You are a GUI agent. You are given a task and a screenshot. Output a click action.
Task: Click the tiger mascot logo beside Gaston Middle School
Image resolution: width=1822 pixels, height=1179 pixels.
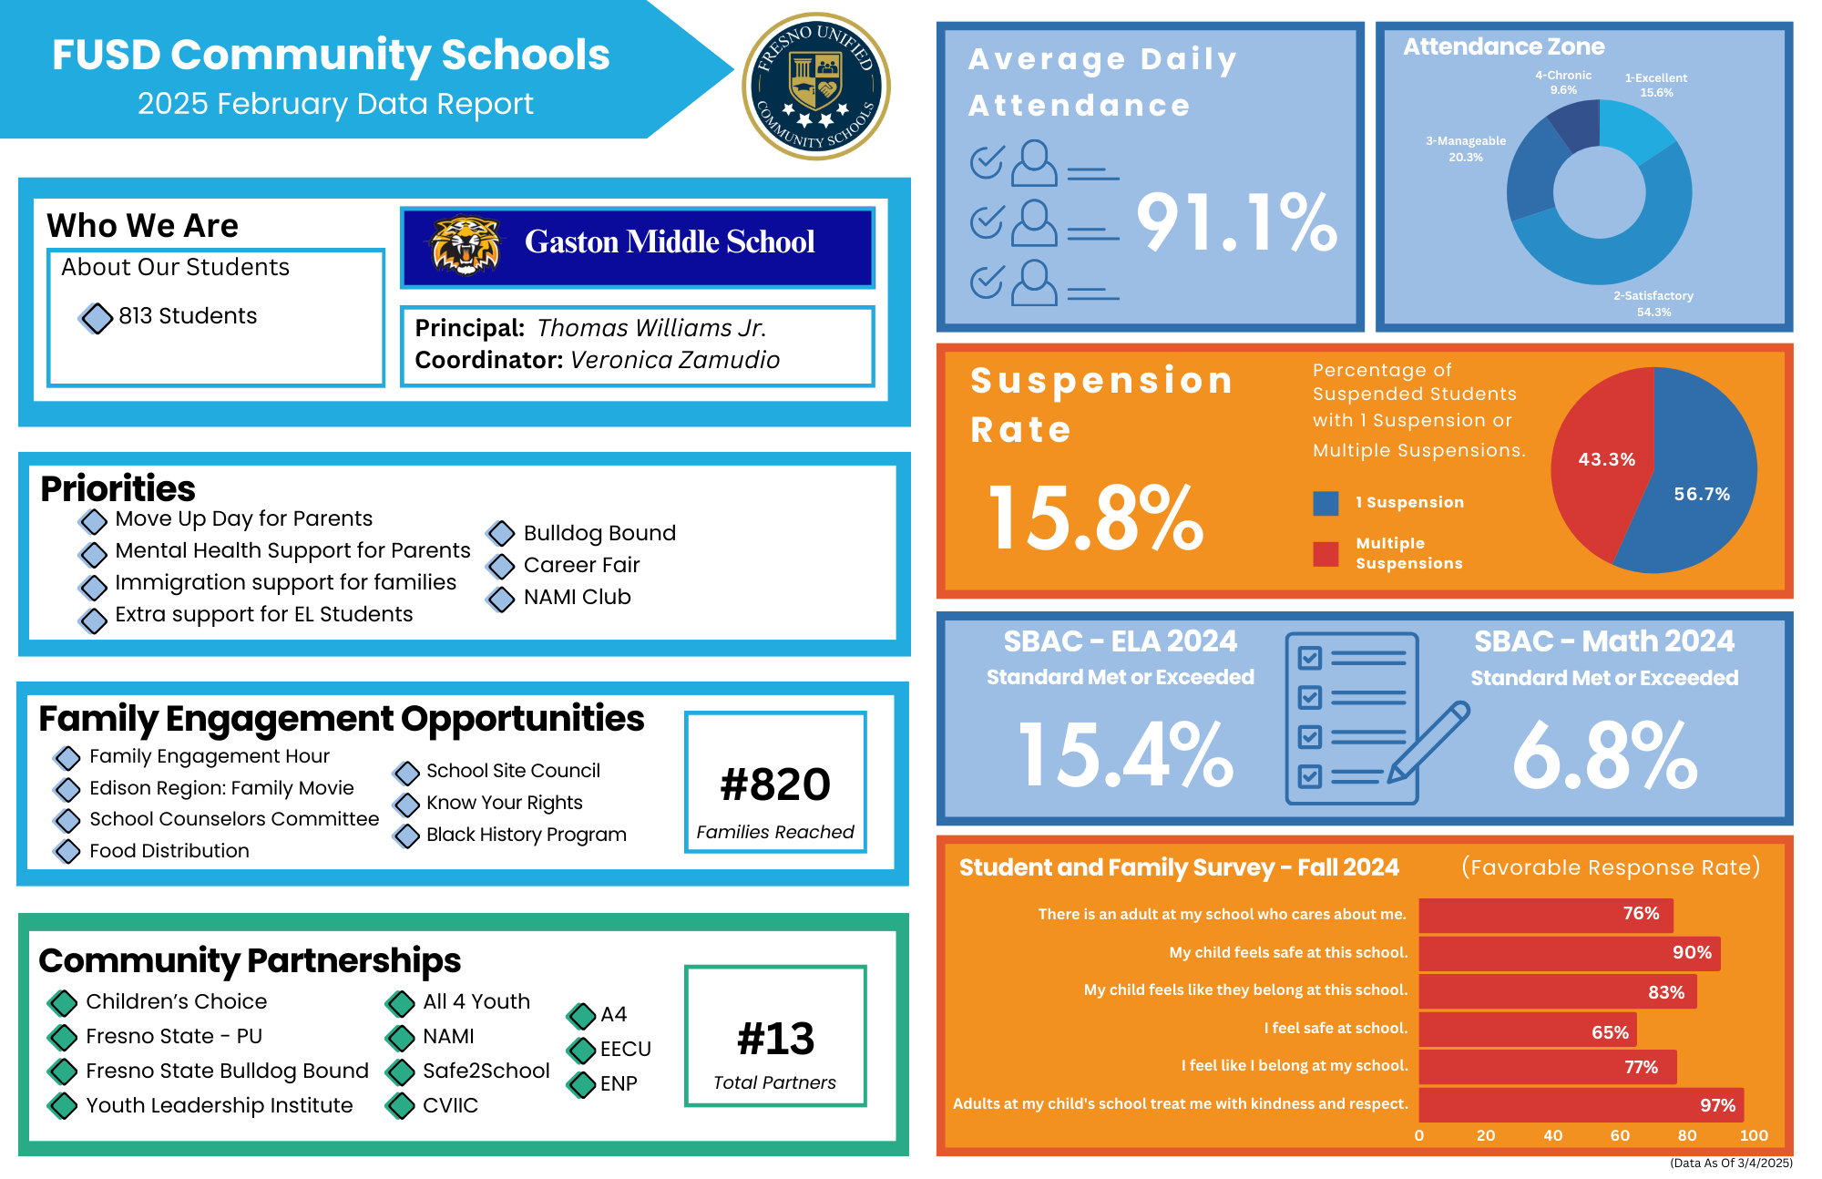pyautogui.click(x=466, y=244)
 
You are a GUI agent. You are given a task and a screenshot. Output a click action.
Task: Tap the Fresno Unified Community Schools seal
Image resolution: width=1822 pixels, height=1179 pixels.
pyautogui.click(x=816, y=87)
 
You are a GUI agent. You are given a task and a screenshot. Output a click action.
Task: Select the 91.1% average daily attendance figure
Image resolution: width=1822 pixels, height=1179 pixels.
pyautogui.click(x=1237, y=222)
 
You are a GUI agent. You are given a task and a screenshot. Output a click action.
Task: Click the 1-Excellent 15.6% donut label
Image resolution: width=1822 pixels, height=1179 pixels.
pyautogui.click(x=1656, y=85)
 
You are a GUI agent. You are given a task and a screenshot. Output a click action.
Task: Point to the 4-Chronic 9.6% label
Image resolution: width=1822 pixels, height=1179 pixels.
pyautogui.click(x=1563, y=82)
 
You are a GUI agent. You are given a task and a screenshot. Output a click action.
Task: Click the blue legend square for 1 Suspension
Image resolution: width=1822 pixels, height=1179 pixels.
pyautogui.click(x=1326, y=503)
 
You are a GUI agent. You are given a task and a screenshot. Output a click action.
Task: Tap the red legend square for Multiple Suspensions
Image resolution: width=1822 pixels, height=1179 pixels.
pyautogui.click(x=1326, y=554)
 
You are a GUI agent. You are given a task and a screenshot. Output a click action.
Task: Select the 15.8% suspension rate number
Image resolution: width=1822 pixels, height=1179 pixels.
pyautogui.click(x=1096, y=518)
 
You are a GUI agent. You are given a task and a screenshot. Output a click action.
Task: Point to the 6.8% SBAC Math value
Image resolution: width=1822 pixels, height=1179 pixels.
pyautogui.click(x=1605, y=756)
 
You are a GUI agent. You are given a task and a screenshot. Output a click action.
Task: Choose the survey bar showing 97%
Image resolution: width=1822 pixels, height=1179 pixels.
pyautogui.click(x=1581, y=1104)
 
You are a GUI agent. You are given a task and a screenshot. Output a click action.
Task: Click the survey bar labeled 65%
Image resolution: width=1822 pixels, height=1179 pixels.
pyautogui.click(x=1528, y=1030)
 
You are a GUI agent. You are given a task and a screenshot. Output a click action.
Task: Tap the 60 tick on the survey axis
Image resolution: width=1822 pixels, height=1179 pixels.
pyautogui.click(x=1620, y=1135)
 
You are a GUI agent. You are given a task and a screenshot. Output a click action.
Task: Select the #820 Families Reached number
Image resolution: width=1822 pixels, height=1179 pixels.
pyautogui.click(x=775, y=784)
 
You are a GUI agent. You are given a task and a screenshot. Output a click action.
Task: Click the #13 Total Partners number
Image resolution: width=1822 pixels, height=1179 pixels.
pyautogui.click(x=775, y=1039)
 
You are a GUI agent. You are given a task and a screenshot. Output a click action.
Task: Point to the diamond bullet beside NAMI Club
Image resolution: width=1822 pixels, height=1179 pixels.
pyautogui.click(x=501, y=599)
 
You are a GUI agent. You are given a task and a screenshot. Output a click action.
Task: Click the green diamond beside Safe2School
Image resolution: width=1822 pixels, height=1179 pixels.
pyautogui.click(x=400, y=1072)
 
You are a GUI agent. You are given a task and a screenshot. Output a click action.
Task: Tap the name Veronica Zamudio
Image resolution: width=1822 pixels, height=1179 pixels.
pyautogui.click(x=675, y=360)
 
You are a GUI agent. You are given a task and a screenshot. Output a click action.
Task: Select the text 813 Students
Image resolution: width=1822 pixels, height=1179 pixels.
pyautogui.click(x=188, y=316)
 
